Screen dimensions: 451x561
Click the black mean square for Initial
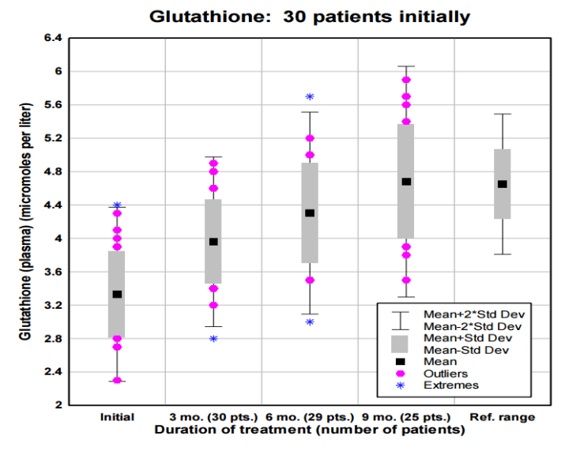click(117, 294)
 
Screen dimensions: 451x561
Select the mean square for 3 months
click(213, 242)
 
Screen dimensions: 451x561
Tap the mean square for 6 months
click(310, 213)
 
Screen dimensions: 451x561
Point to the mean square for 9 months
click(406, 182)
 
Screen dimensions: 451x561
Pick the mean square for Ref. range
click(502, 184)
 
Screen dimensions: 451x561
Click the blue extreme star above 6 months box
click(310, 96)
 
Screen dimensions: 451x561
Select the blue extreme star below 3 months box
click(213, 339)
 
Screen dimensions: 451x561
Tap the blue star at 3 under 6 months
click(310, 321)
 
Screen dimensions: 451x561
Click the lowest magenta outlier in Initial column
click(117, 380)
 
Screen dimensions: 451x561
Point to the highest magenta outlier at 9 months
click(406, 80)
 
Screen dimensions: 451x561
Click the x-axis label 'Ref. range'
click(502, 417)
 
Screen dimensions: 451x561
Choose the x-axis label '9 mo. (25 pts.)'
click(405, 417)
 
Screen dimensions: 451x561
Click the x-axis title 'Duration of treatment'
click(309, 430)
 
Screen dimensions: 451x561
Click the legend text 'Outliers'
click(446, 374)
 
